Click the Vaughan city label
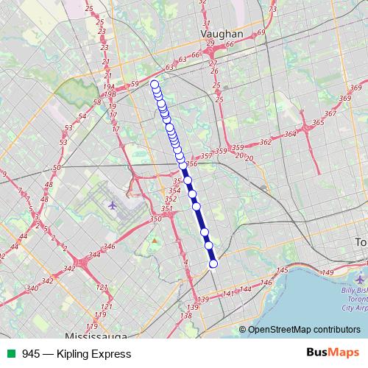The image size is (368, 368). [222, 34]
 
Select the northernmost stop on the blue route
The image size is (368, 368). [155, 85]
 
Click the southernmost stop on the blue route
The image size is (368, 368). [213, 263]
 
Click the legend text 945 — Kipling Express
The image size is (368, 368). [77, 353]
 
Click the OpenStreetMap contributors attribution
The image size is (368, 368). [304, 330]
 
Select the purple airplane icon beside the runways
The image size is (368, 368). [112, 204]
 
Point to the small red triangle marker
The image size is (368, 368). [155, 240]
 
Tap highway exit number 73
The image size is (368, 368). [273, 10]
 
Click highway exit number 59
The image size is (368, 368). [134, 84]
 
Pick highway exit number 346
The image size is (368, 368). [110, 247]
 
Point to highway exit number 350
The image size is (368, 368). [155, 219]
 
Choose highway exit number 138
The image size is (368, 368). [187, 316]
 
